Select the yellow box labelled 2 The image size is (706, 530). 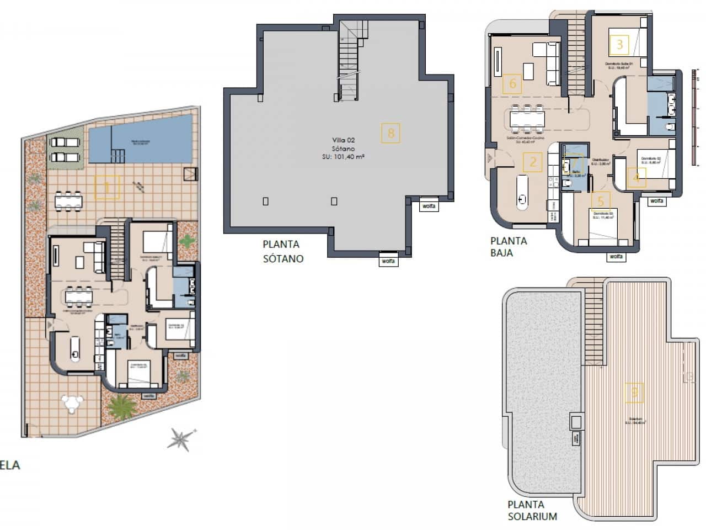(x=533, y=162)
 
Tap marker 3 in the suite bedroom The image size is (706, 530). (x=619, y=44)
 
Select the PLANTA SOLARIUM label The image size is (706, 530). (x=532, y=510)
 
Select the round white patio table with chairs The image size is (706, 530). (x=72, y=403)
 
